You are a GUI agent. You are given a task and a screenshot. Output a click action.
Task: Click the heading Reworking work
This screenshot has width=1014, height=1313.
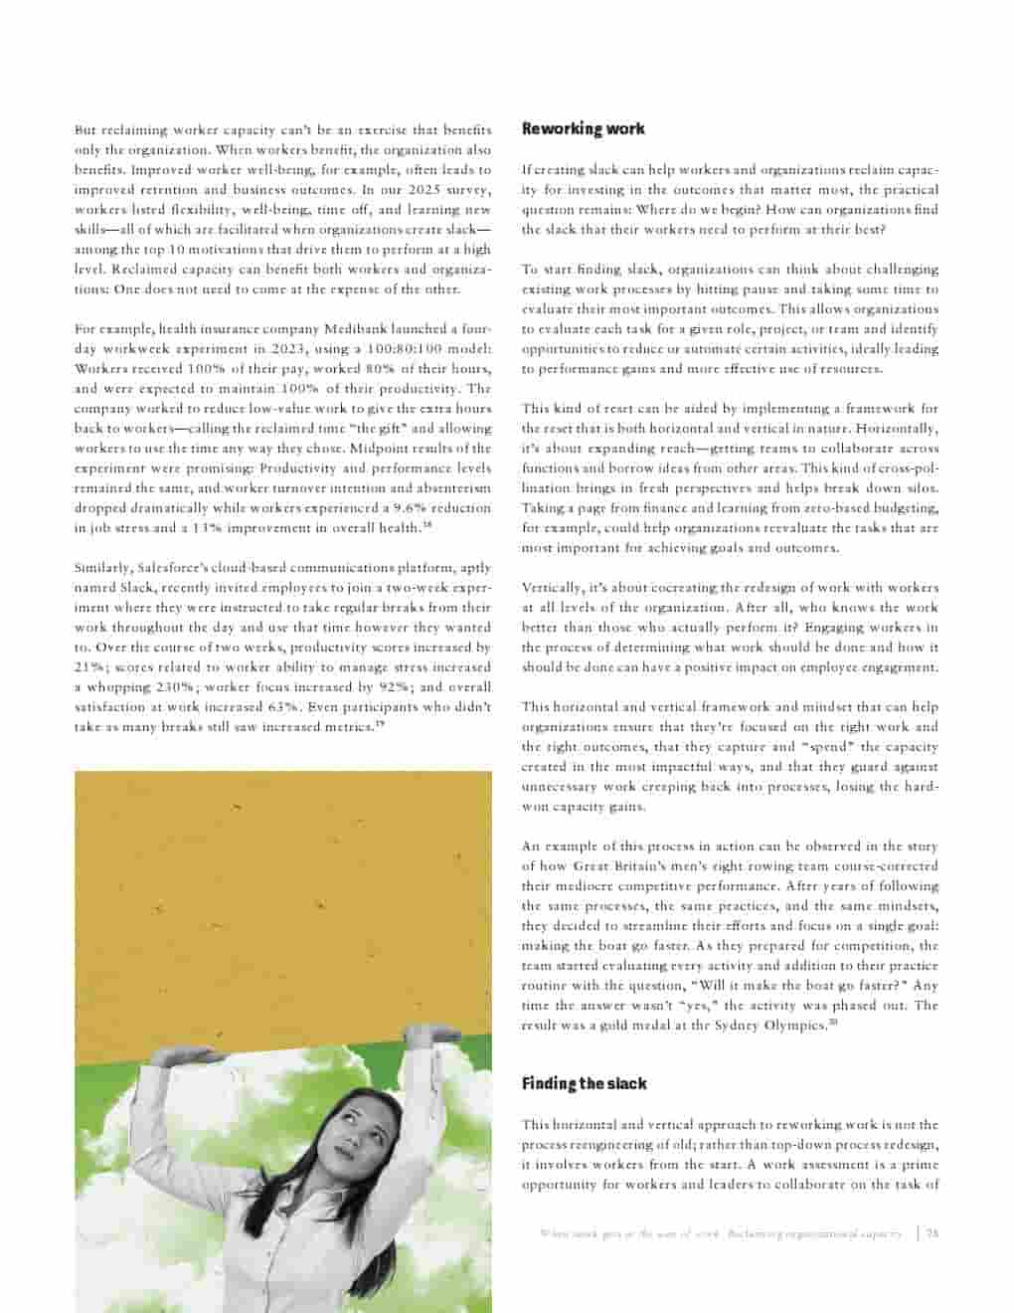(x=583, y=128)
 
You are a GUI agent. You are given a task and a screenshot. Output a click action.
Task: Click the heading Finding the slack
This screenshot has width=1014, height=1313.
(x=584, y=1083)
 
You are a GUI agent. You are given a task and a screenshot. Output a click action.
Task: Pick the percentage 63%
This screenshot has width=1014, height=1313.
(x=283, y=706)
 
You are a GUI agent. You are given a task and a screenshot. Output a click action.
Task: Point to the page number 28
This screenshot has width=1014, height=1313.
(x=931, y=1233)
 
